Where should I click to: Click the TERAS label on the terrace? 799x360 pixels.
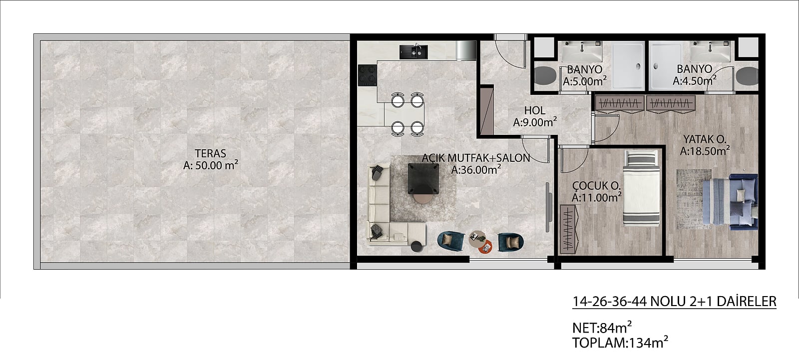pos(210,153)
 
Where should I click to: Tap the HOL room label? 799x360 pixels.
pos(535,111)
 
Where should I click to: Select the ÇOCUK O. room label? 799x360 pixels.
pos(596,185)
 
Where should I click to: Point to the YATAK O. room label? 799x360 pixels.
pos(705,139)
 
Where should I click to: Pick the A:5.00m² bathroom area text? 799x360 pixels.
pos(585,81)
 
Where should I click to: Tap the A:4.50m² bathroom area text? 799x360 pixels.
pos(695,80)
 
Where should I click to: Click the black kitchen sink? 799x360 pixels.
pos(413,52)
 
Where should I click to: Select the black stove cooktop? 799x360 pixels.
pos(368,75)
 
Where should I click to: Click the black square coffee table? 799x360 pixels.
pos(423,178)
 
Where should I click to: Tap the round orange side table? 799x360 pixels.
pos(486,247)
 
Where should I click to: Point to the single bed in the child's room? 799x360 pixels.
pos(641,188)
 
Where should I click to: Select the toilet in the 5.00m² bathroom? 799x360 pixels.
pos(545,75)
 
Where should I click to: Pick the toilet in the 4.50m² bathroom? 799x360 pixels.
pos(747,75)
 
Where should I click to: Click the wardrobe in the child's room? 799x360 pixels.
pos(569,229)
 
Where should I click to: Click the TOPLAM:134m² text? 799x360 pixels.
pos(620,343)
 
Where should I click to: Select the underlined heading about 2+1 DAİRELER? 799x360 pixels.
pos(674,302)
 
